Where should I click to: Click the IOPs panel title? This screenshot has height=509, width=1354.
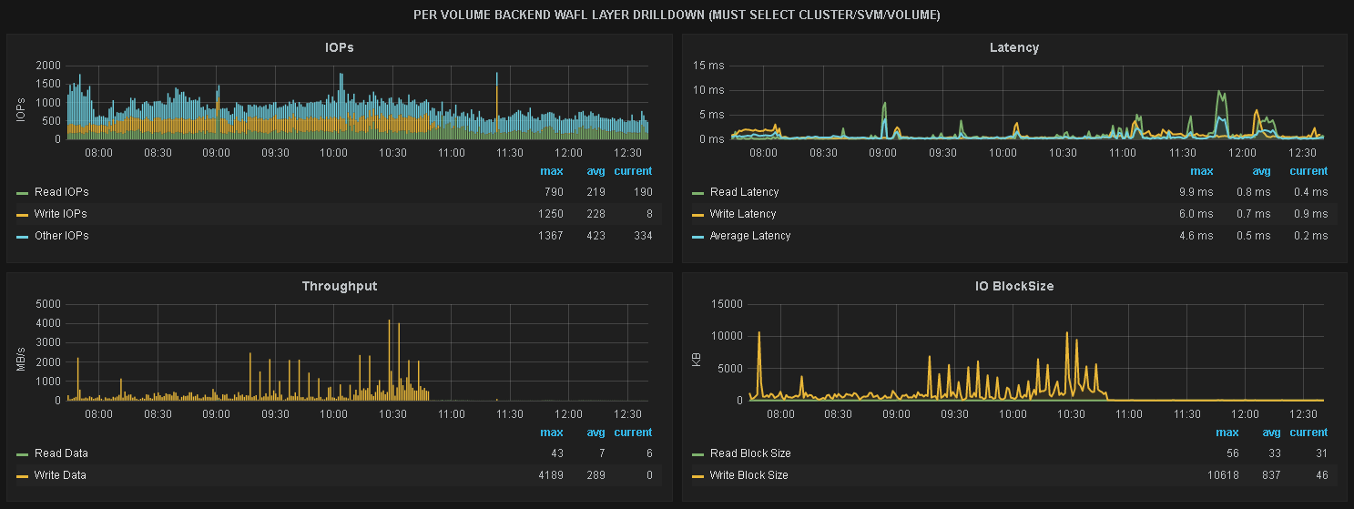[x=340, y=47]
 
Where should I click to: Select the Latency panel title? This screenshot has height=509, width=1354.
[x=1013, y=47]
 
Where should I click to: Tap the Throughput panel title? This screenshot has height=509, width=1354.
[x=340, y=286]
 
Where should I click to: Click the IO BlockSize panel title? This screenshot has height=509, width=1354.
[x=1013, y=286]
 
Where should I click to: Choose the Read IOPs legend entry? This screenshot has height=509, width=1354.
[x=61, y=192]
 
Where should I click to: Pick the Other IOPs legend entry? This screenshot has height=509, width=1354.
[x=61, y=236]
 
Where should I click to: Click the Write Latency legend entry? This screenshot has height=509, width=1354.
[x=742, y=214]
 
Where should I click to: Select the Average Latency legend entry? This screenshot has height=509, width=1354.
[x=749, y=236]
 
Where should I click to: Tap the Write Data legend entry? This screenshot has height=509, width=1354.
[x=60, y=475]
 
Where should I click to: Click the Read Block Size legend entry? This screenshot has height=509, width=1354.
[x=749, y=453]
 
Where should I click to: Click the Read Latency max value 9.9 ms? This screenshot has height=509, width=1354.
[x=1196, y=192]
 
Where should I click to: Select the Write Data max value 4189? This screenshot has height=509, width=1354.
[x=550, y=475]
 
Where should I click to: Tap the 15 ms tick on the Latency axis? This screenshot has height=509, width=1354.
[x=708, y=66]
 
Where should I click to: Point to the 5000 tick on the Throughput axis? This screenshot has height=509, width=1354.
[x=48, y=304]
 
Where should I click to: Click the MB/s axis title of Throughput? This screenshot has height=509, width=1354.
[x=21, y=351]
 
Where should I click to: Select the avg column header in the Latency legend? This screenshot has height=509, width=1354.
[x=1261, y=171]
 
